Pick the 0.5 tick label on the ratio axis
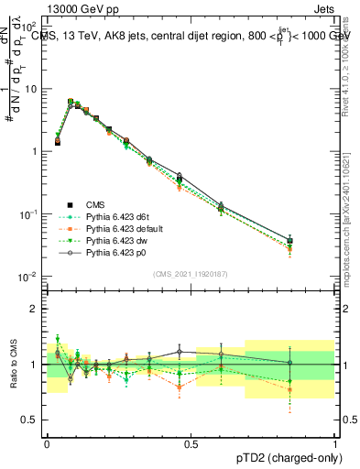[31, 420]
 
